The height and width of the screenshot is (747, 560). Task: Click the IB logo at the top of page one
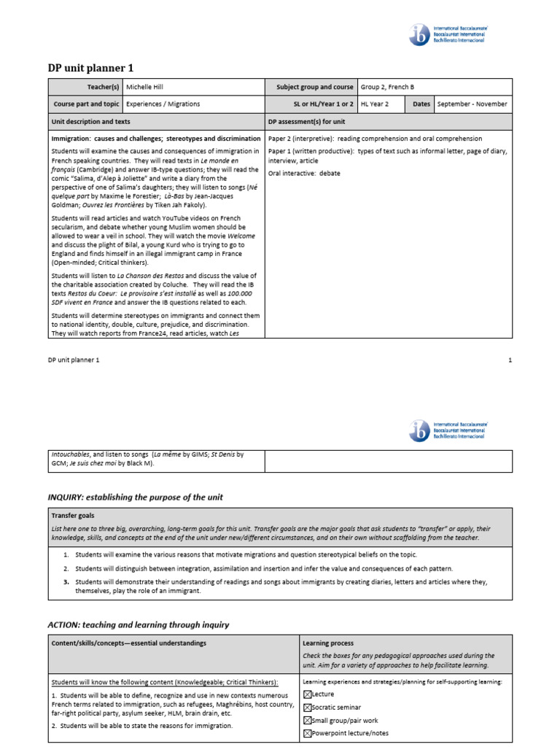[420, 34]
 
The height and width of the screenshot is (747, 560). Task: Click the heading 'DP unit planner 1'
[90, 68]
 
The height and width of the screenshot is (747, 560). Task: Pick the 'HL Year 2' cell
[378, 104]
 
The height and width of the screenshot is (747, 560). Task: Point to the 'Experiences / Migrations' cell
[163, 104]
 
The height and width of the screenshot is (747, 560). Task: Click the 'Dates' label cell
[421, 104]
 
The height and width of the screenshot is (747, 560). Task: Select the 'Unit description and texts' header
[90, 122]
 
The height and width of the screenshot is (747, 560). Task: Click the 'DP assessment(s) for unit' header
[306, 122]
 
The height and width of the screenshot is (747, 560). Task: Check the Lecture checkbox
[307, 694]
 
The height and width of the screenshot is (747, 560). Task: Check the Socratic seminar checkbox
[307, 708]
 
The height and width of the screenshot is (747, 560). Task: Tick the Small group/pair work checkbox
[307, 720]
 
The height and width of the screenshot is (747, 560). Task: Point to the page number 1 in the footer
[510, 360]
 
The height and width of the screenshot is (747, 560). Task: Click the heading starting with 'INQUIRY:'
[135, 497]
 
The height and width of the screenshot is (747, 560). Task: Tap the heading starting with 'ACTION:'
[139, 624]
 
